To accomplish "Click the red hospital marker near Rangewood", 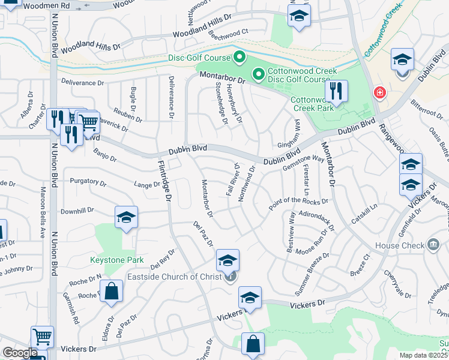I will [x=379, y=93].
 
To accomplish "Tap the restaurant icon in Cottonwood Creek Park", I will [x=336, y=92].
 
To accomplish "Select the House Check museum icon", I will [x=433, y=245].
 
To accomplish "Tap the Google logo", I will [x=20, y=353].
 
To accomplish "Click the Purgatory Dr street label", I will [x=88, y=181].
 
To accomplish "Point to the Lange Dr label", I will [x=147, y=185].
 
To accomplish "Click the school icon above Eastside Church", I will [x=228, y=260].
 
